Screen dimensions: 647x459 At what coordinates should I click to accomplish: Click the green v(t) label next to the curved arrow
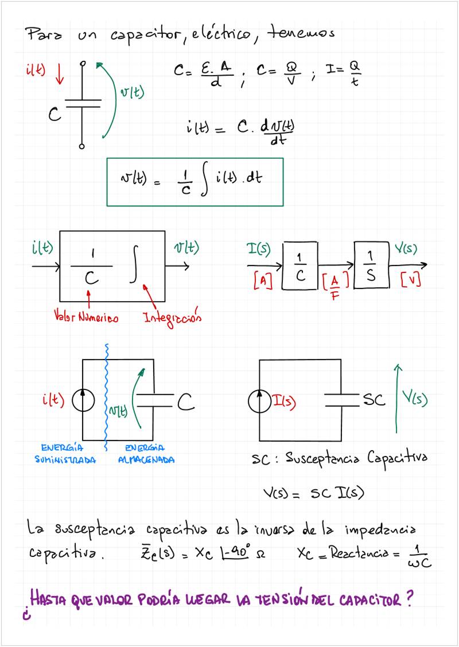tap(131, 93)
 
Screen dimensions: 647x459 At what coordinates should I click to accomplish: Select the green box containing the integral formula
tap(195, 181)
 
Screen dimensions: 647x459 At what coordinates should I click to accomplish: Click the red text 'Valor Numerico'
tap(86, 317)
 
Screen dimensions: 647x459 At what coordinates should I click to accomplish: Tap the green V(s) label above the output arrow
tap(406, 249)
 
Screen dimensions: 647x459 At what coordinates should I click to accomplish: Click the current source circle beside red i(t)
tap(83, 401)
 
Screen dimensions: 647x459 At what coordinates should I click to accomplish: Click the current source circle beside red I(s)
tap(260, 401)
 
